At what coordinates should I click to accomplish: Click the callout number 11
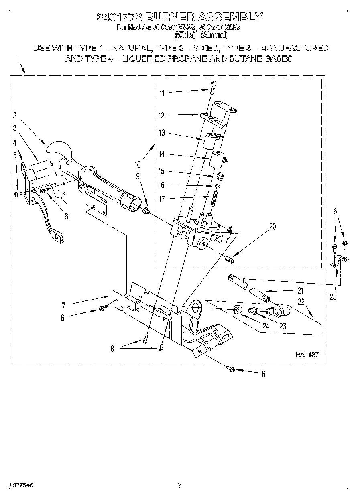(161, 93)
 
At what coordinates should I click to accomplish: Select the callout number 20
(273, 227)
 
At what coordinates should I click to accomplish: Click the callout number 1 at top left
(17, 59)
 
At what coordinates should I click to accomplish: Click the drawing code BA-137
(307, 354)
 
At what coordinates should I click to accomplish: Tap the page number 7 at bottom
(180, 485)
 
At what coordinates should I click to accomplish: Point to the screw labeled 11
(213, 87)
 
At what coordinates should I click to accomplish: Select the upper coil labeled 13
(209, 142)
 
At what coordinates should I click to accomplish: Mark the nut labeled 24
(237, 310)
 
